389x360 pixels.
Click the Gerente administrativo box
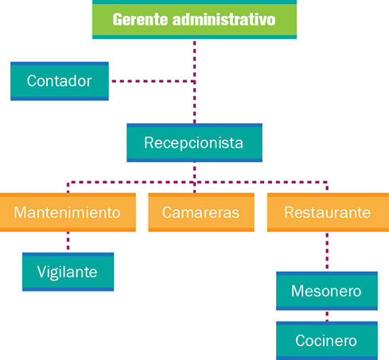click(194, 19)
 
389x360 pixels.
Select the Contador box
click(60, 81)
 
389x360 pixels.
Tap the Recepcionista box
click(194, 142)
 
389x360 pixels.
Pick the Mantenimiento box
click(68, 212)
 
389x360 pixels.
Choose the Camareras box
click(201, 212)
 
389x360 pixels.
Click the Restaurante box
click(328, 212)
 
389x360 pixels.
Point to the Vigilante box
click(68, 272)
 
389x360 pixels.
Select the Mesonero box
click(327, 291)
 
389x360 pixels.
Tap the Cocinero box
click(327, 341)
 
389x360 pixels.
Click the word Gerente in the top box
click(140, 20)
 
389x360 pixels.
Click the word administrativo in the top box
click(224, 20)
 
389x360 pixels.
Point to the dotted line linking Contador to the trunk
click(154, 81)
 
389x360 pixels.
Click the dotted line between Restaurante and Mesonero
click(327, 252)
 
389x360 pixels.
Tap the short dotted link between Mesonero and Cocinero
click(327, 315)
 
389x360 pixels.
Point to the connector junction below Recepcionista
click(195, 182)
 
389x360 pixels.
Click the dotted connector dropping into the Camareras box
click(195, 188)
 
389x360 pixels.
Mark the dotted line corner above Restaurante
click(327, 182)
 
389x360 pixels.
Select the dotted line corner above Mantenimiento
click(68, 182)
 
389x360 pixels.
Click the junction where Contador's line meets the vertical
click(195, 81)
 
